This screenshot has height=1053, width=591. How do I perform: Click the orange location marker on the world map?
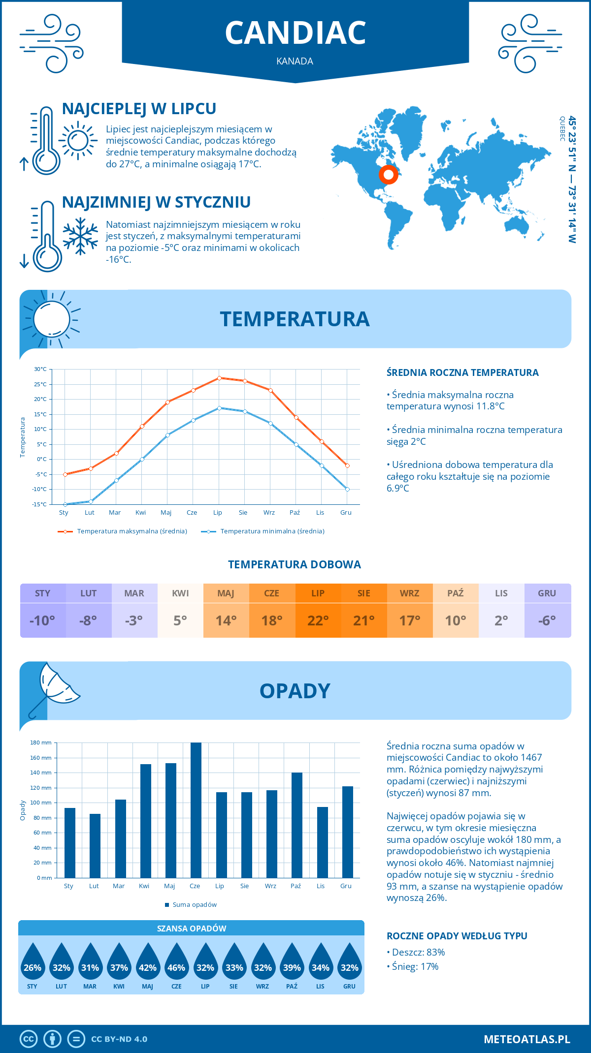388,174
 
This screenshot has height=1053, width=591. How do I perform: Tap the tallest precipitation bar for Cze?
196,810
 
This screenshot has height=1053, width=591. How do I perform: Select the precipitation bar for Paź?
296,825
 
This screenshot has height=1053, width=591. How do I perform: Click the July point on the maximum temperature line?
219,378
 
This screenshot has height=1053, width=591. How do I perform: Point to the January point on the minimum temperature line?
65,504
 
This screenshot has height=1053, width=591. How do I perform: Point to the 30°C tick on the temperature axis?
41,369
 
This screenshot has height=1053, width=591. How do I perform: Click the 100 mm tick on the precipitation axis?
42,803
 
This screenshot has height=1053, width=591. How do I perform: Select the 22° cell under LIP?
318,620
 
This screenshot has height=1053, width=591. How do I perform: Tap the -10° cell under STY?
42,620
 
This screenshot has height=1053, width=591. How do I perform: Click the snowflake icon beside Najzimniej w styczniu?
80,236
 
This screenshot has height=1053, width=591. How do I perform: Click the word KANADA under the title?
295,62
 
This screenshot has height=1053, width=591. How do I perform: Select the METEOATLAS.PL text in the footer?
526,1039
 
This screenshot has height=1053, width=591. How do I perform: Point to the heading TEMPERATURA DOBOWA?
295,565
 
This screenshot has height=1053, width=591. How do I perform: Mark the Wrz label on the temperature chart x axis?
269,513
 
